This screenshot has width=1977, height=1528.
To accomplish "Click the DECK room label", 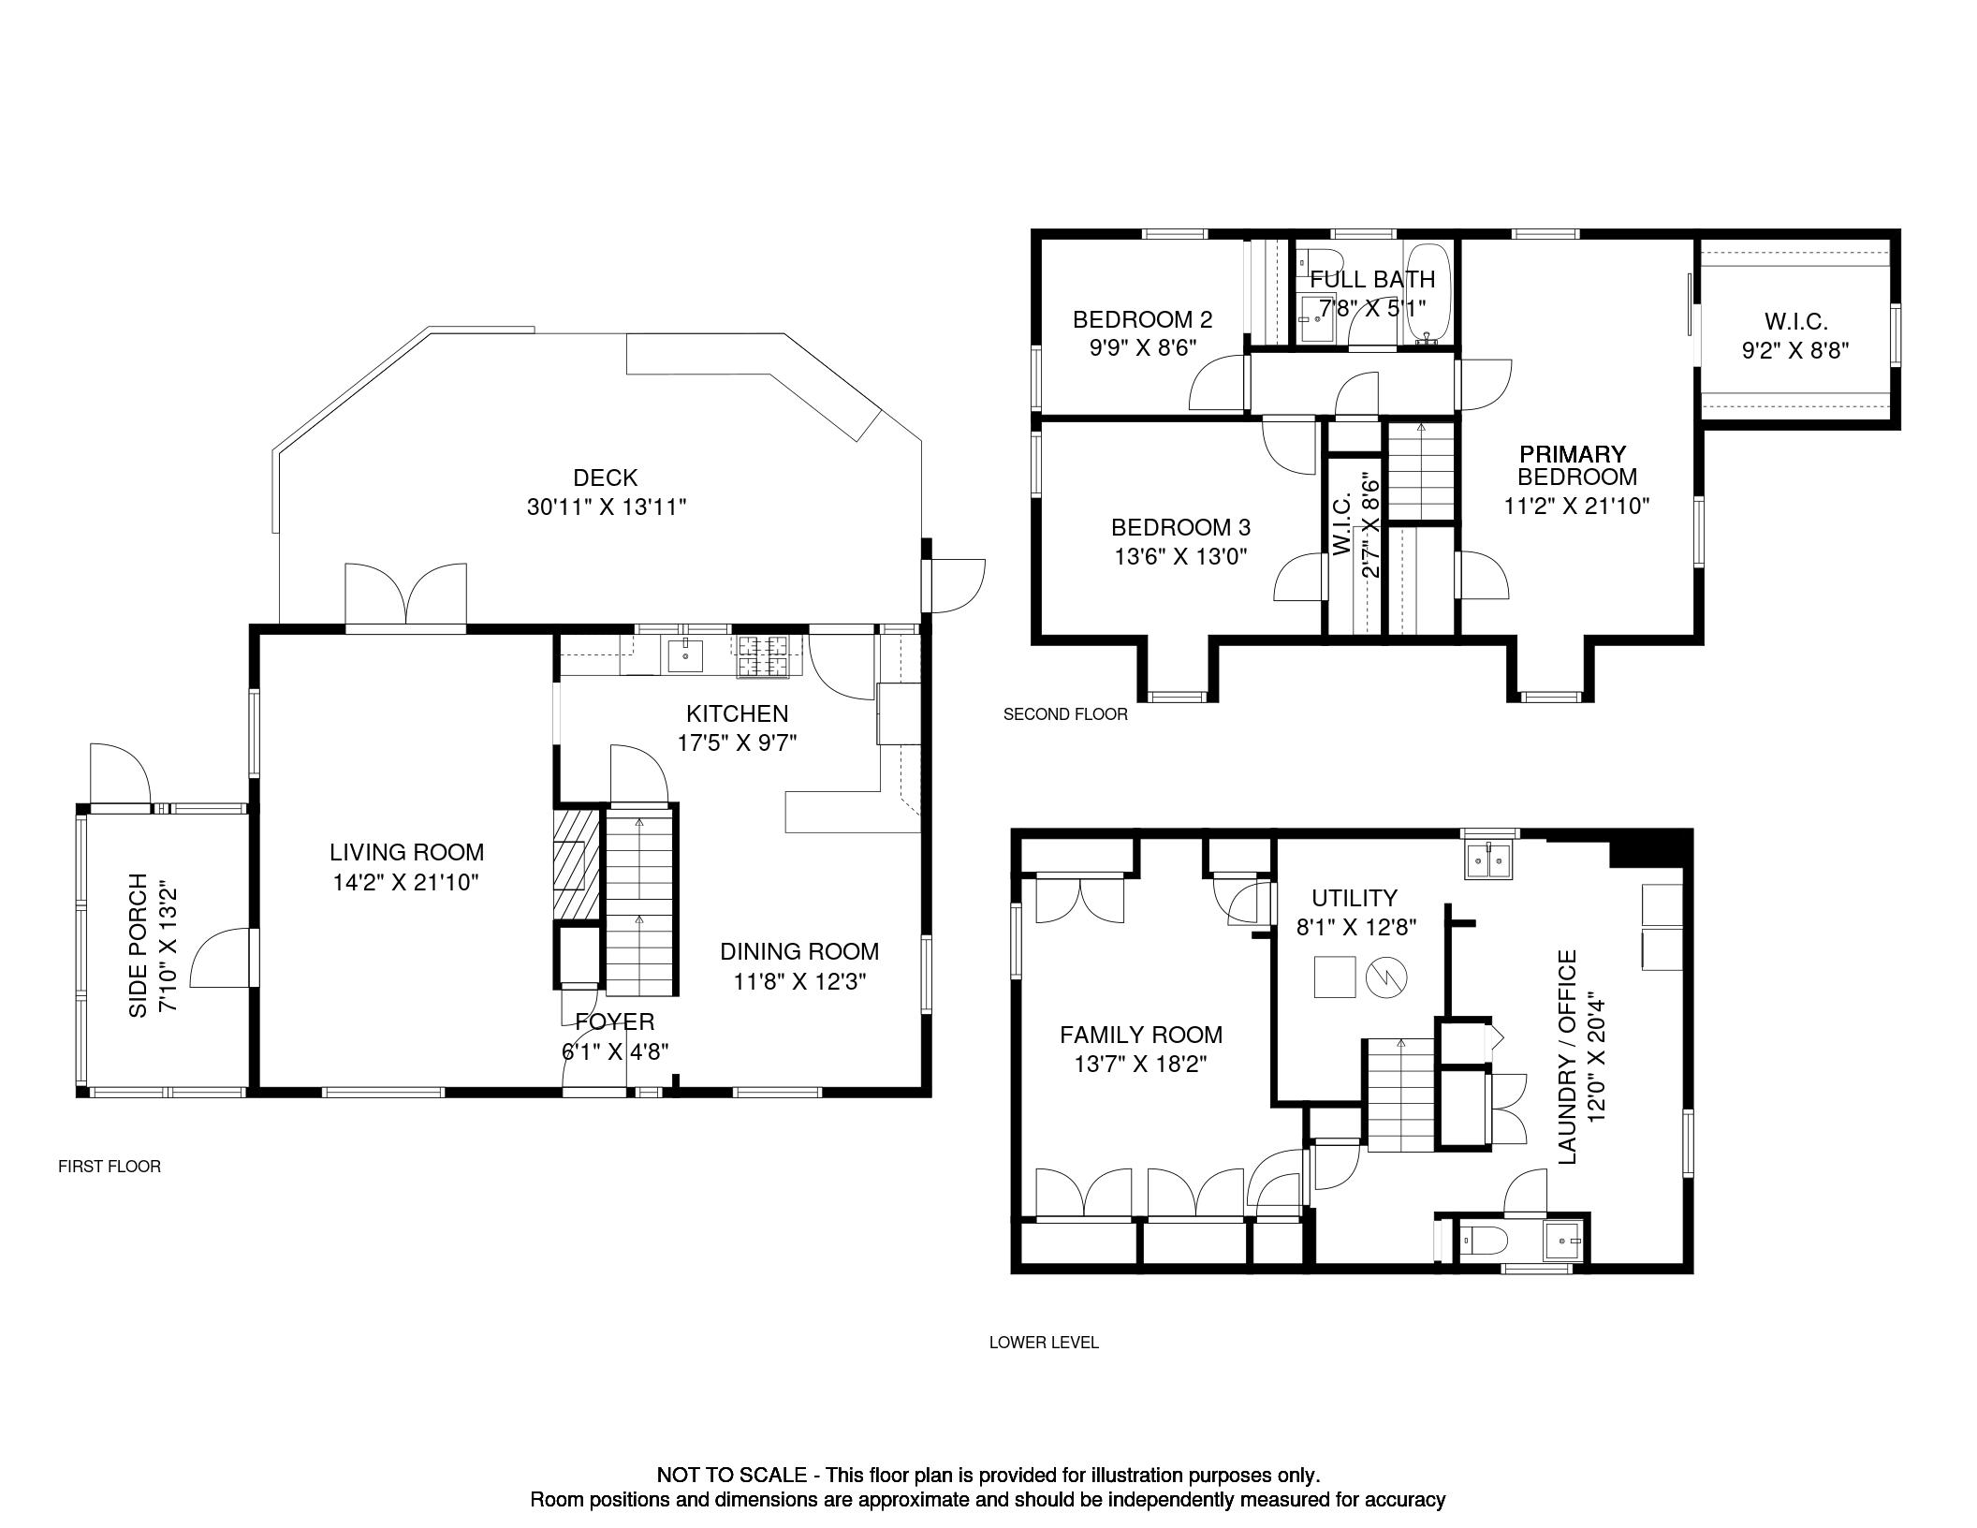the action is pos(606,478).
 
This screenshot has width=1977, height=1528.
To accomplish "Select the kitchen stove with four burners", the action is pos(764,656).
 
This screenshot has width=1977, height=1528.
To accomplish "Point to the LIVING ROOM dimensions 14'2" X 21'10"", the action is pos(406,882).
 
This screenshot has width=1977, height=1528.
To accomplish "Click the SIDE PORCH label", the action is pos(139,946).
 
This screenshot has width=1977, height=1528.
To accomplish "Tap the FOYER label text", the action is pos(615,1021).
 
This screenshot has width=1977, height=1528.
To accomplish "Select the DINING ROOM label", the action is pos(799,951).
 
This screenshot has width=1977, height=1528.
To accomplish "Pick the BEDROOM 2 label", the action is pos(1142,319).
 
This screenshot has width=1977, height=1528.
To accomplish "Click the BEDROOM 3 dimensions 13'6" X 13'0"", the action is pos(1181,557).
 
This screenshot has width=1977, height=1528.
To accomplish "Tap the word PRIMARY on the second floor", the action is pos(1573,454).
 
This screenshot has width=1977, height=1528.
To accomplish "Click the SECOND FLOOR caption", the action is pos(1065,714).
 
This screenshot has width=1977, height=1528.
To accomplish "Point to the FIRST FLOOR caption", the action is pos(110,1167).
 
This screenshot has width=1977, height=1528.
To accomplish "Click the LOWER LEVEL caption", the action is pos(1044,1343).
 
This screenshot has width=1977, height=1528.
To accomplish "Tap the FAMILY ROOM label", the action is pos(1141,1035).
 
